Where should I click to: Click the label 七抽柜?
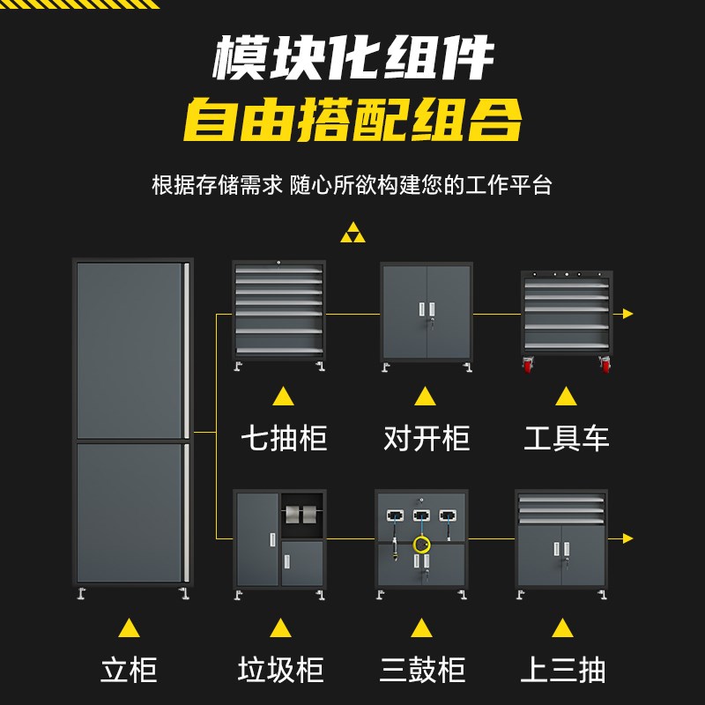[x=284, y=438]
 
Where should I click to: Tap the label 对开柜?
[x=427, y=438]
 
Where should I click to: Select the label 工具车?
[x=567, y=438]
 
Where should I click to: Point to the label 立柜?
[x=129, y=670]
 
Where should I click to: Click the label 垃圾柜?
[x=280, y=670]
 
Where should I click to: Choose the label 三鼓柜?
[x=422, y=670]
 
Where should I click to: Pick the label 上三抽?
[x=563, y=670]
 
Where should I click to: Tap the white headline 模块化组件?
[x=352, y=59]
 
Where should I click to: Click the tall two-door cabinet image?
[x=132, y=423]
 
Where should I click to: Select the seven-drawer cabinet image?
[x=278, y=313]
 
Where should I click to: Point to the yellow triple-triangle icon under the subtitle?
[x=352, y=234]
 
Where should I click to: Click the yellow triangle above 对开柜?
[x=426, y=396]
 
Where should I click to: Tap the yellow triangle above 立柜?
[x=130, y=627]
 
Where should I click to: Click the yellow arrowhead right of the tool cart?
[x=627, y=314]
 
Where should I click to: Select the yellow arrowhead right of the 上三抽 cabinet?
[x=627, y=538]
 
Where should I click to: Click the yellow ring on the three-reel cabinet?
[x=422, y=544]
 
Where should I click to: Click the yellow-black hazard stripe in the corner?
[x=79, y=4]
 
